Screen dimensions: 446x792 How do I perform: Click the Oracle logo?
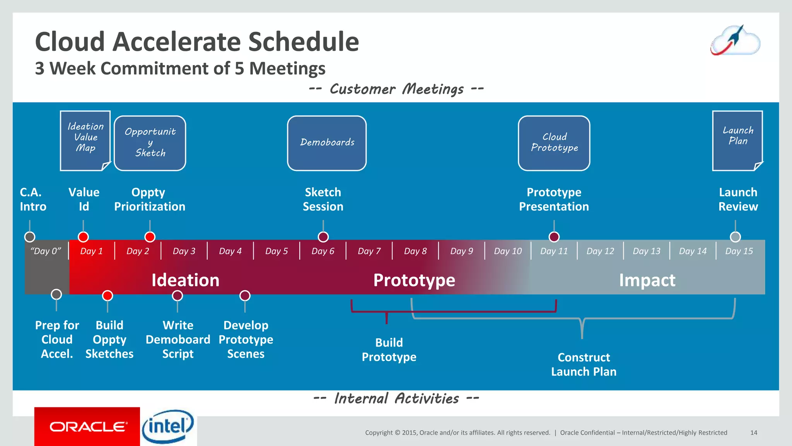pyautogui.click(x=87, y=427)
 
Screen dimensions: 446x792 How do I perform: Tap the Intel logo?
pyautogui.click(x=168, y=426)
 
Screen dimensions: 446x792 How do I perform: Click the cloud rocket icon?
pyautogui.click(x=735, y=41)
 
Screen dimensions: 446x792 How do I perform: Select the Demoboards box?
pyautogui.click(x=327, y=143)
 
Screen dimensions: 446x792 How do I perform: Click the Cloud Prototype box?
pyautogui.click(x=554, y=143)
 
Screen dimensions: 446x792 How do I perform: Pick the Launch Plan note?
pyautogui.click(x=737, y=140)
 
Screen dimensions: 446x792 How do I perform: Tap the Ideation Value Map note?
pyautogui.click(x=85, y=140)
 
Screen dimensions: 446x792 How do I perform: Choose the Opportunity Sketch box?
pyautogui.click(x=150, y=143)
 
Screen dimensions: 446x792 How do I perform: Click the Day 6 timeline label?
pyautogui.click(x=323, y=251)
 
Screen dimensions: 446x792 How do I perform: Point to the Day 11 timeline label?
pyautogui.click(x=554, y=251)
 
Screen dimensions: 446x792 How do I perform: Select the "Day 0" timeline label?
pyautogui.click(x=46, y=251)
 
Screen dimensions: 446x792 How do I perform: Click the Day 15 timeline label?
pyautogui.click(x=739, y=251)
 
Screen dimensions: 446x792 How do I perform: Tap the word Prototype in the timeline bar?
pyautogui.click(x=414, y=280)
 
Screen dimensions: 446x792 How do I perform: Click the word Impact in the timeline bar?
pyautogui.click(x=647, y=280)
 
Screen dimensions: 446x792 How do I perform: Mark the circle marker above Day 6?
pyautogui.click(x=323, y=237)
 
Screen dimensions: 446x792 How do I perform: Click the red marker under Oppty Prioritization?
pyautogui.click(x=150, y=237)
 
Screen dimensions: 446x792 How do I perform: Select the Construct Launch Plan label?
pyautogui.click(x=584, y=364)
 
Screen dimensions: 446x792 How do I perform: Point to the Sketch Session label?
pyautogui.click(x=323, y=199)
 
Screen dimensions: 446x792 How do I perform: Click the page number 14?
pyautogui.click(x=754, y=432)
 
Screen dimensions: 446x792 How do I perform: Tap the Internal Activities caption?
pyautogui.click(x=396, y=398)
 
